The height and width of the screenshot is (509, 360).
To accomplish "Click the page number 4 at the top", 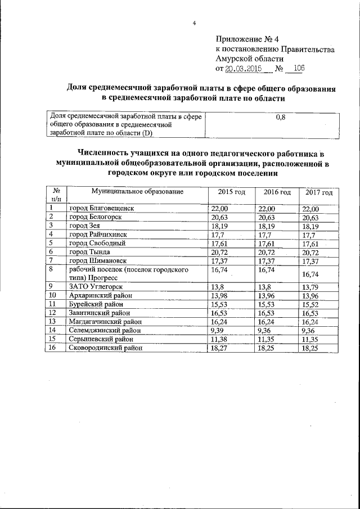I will click(x=194, y=23).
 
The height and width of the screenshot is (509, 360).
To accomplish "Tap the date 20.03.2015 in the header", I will click(x=245, y=69).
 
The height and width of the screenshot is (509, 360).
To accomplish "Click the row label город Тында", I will click(x=89, y=252).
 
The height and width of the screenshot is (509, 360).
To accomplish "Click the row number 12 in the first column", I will click(x=53, y=313).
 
